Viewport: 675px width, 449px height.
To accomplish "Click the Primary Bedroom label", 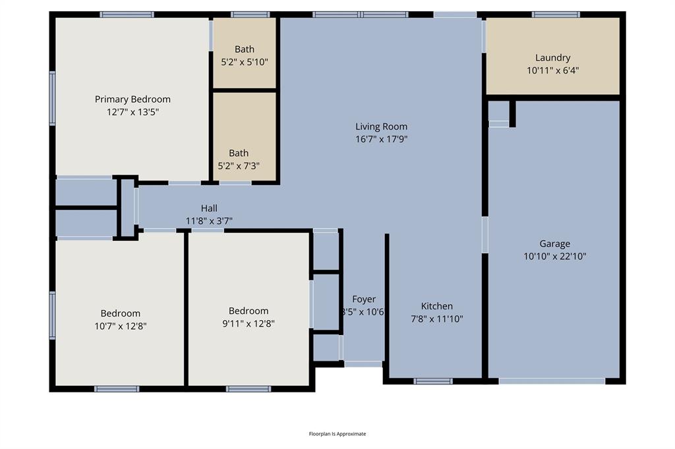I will click(132, 99).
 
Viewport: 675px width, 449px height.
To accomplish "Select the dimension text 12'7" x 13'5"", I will click(132, 112).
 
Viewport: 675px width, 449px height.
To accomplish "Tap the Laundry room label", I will click(552, 58).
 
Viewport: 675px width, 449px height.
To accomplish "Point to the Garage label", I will click(554, 244).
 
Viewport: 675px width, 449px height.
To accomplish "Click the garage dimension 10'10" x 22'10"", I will click(554, 256).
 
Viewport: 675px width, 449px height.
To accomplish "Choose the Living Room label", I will click(381, 126).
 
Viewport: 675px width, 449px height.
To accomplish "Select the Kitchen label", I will click(436, 306).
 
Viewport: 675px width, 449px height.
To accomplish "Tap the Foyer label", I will click(363, 300).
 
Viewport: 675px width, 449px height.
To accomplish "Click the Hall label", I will click(209, 209).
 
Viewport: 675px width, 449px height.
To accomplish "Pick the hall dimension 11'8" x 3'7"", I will click(209, 221).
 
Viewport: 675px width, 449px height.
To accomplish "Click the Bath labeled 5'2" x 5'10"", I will click(245, 49).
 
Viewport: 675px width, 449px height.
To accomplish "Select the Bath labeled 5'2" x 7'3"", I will click(239, 153).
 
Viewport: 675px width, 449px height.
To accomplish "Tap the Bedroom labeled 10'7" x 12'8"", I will click(120, 313).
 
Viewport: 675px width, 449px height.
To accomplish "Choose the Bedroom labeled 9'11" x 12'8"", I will click(249, 311).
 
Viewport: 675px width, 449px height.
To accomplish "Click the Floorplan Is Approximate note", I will click(337, 434).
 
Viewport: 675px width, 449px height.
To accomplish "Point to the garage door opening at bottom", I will click(552, 381).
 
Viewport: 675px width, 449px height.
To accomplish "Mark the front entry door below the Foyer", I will click(363, 363).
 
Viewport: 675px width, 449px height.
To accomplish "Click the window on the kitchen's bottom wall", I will click(433, 381).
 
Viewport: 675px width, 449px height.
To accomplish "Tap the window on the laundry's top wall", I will click(556, 14).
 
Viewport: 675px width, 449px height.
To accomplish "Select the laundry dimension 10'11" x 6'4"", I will click(552, 70).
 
